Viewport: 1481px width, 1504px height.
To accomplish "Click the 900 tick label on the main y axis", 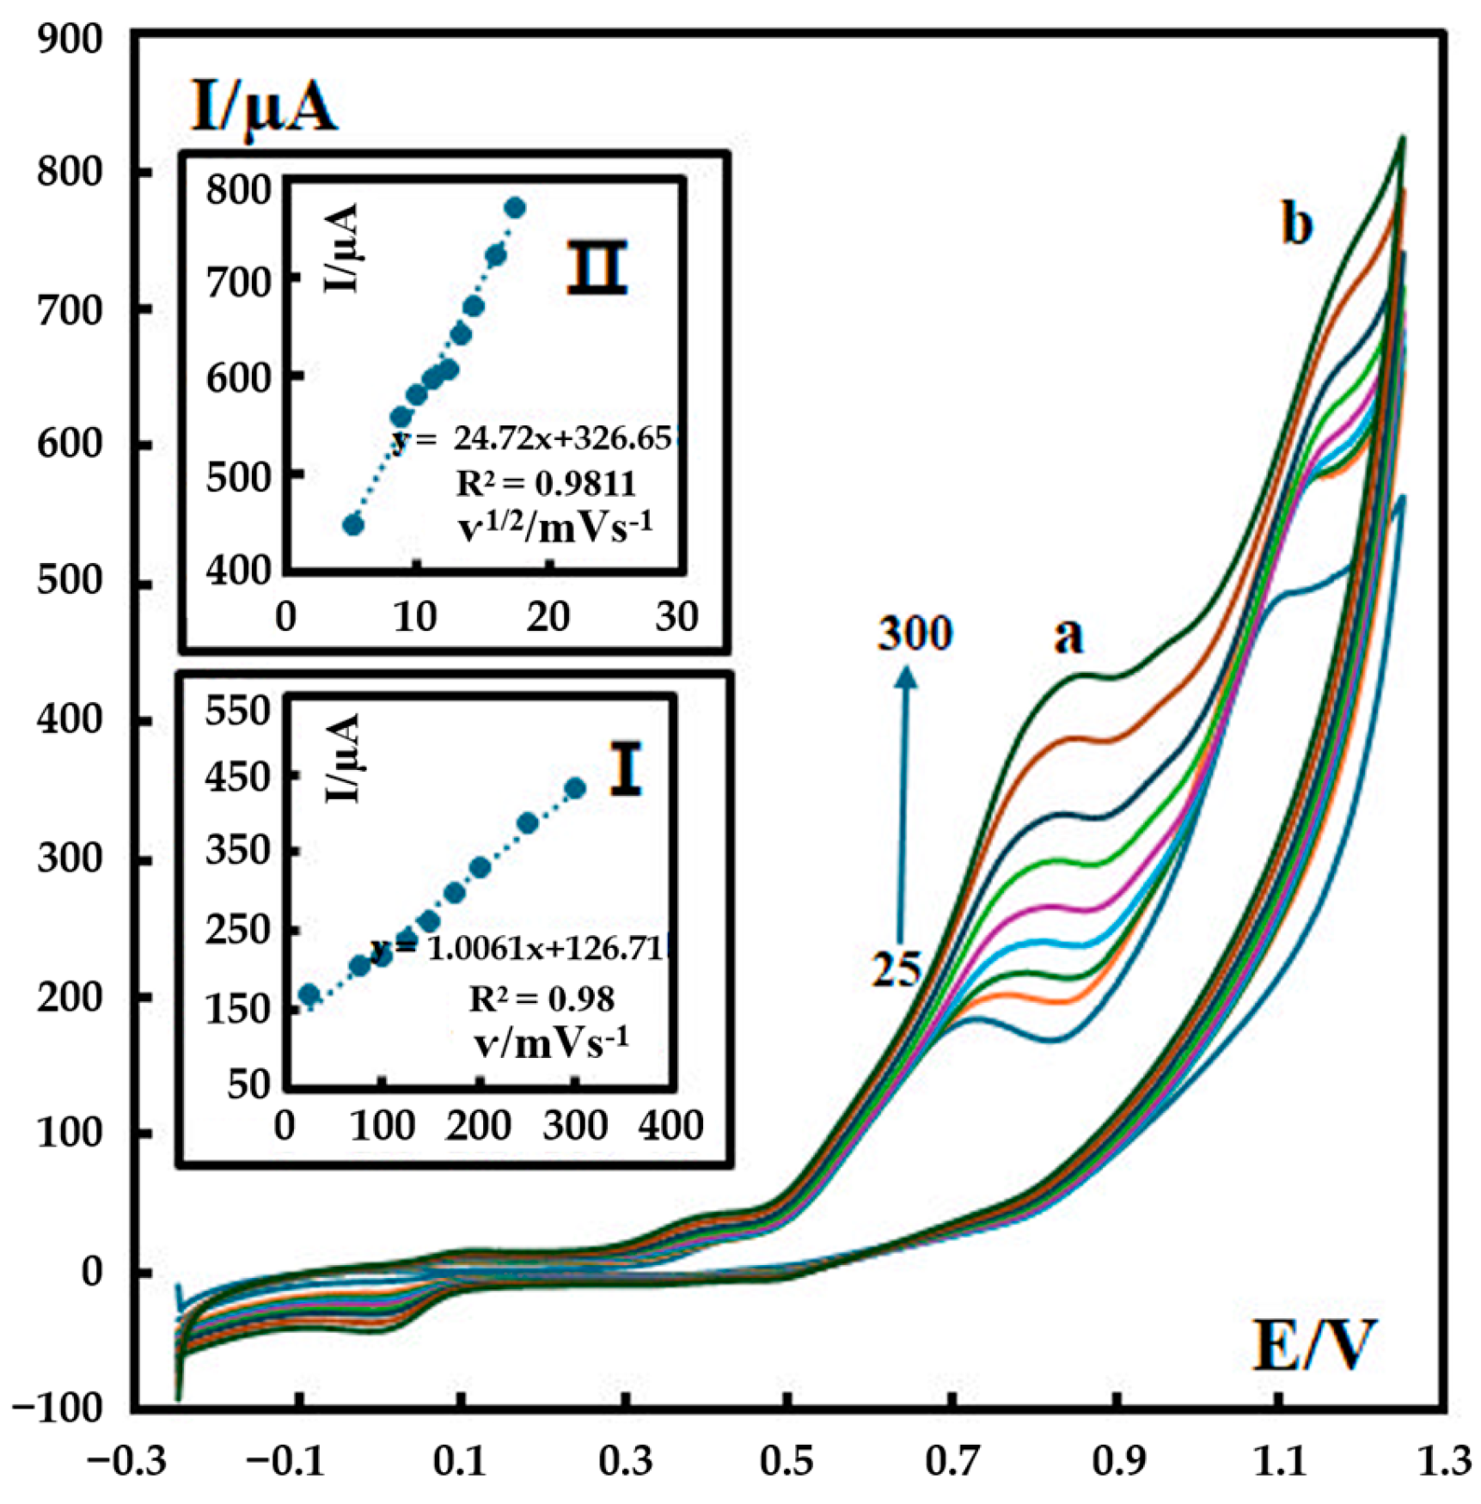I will [x=70, y=40].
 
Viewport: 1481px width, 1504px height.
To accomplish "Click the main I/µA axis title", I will [x=263, y=109].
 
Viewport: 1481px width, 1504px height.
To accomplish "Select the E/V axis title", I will [x=1314, y=1346].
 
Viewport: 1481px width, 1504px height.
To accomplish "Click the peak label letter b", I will [x=1297, y=225].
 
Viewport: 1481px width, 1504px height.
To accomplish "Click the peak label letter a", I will [x=1068, y=637].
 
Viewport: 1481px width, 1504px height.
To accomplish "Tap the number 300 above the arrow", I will [x=915, y=634].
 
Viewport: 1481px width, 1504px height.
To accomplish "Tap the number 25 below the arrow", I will [x=897, y=969].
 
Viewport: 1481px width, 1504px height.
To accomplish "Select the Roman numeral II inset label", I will [x=597, y=267].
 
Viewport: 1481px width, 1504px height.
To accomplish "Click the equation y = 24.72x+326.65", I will [x=531, y=439].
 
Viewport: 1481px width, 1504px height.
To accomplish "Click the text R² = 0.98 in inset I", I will [x=542, y=999].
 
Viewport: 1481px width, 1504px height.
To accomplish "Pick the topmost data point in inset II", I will [x=515, y=208].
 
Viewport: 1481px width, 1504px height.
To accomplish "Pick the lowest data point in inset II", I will [x=353, y=525].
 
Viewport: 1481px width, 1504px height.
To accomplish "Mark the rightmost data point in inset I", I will [x=576, y=788].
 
